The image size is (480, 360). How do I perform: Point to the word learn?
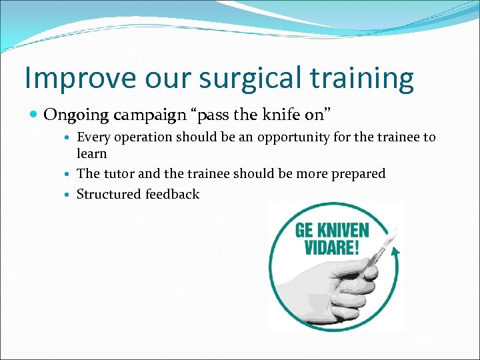(x=92, y=153)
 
